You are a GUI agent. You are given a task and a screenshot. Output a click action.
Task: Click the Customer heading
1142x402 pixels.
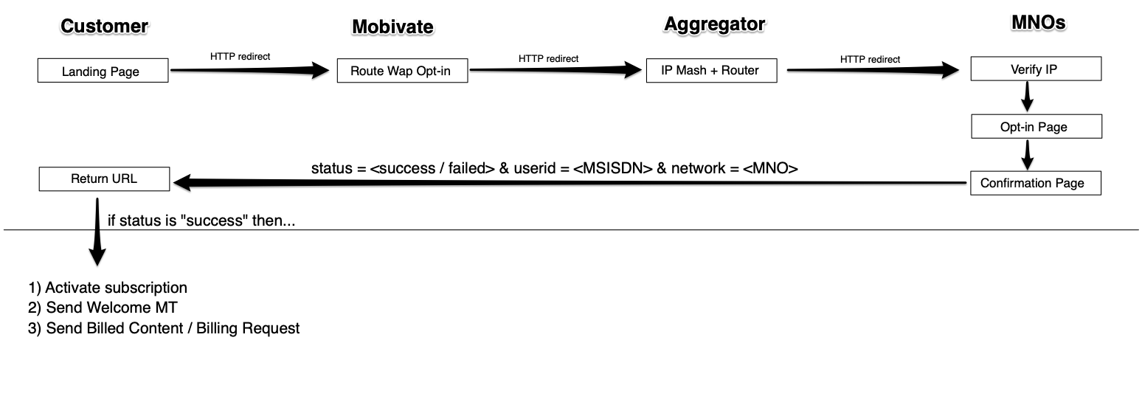click(x=104, y=27)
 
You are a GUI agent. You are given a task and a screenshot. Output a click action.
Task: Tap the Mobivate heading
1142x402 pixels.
click(x=392, y=27)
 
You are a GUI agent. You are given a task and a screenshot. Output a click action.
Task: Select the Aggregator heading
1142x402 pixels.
click(x=714, y=24)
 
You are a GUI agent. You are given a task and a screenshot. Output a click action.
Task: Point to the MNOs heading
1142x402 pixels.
click(x=1038, y=24)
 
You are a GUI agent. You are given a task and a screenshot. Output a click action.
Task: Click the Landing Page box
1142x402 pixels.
click(x=103, y=72)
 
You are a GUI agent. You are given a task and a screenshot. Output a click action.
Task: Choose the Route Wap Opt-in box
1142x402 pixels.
click(x=402, y=72)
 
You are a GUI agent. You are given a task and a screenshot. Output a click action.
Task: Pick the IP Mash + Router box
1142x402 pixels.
click(x=711, y=71)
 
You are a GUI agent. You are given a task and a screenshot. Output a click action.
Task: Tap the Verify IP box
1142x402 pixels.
click(x=1035, y=70)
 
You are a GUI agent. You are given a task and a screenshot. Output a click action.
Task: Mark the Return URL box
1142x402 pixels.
click(x=103, y=179)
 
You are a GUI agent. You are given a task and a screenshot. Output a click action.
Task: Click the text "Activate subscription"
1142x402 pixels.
click(x=116, y=288)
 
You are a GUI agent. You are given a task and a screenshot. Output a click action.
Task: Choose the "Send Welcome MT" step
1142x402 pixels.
click(x=111, y=308)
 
